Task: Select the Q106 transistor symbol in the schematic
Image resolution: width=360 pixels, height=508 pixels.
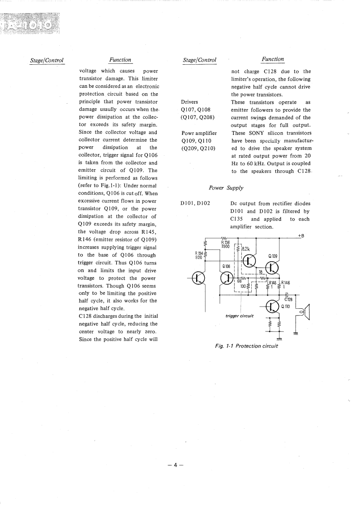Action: click(228, 278)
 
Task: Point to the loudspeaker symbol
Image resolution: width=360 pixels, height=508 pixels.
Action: click(306, 311)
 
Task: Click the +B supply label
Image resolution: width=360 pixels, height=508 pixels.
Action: click(301, 235)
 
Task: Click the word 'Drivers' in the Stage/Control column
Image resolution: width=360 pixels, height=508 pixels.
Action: click(189, 102)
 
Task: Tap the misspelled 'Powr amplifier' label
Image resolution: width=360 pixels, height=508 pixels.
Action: click(199, 133)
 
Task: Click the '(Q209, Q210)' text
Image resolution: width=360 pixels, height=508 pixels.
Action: click(197, 149)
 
